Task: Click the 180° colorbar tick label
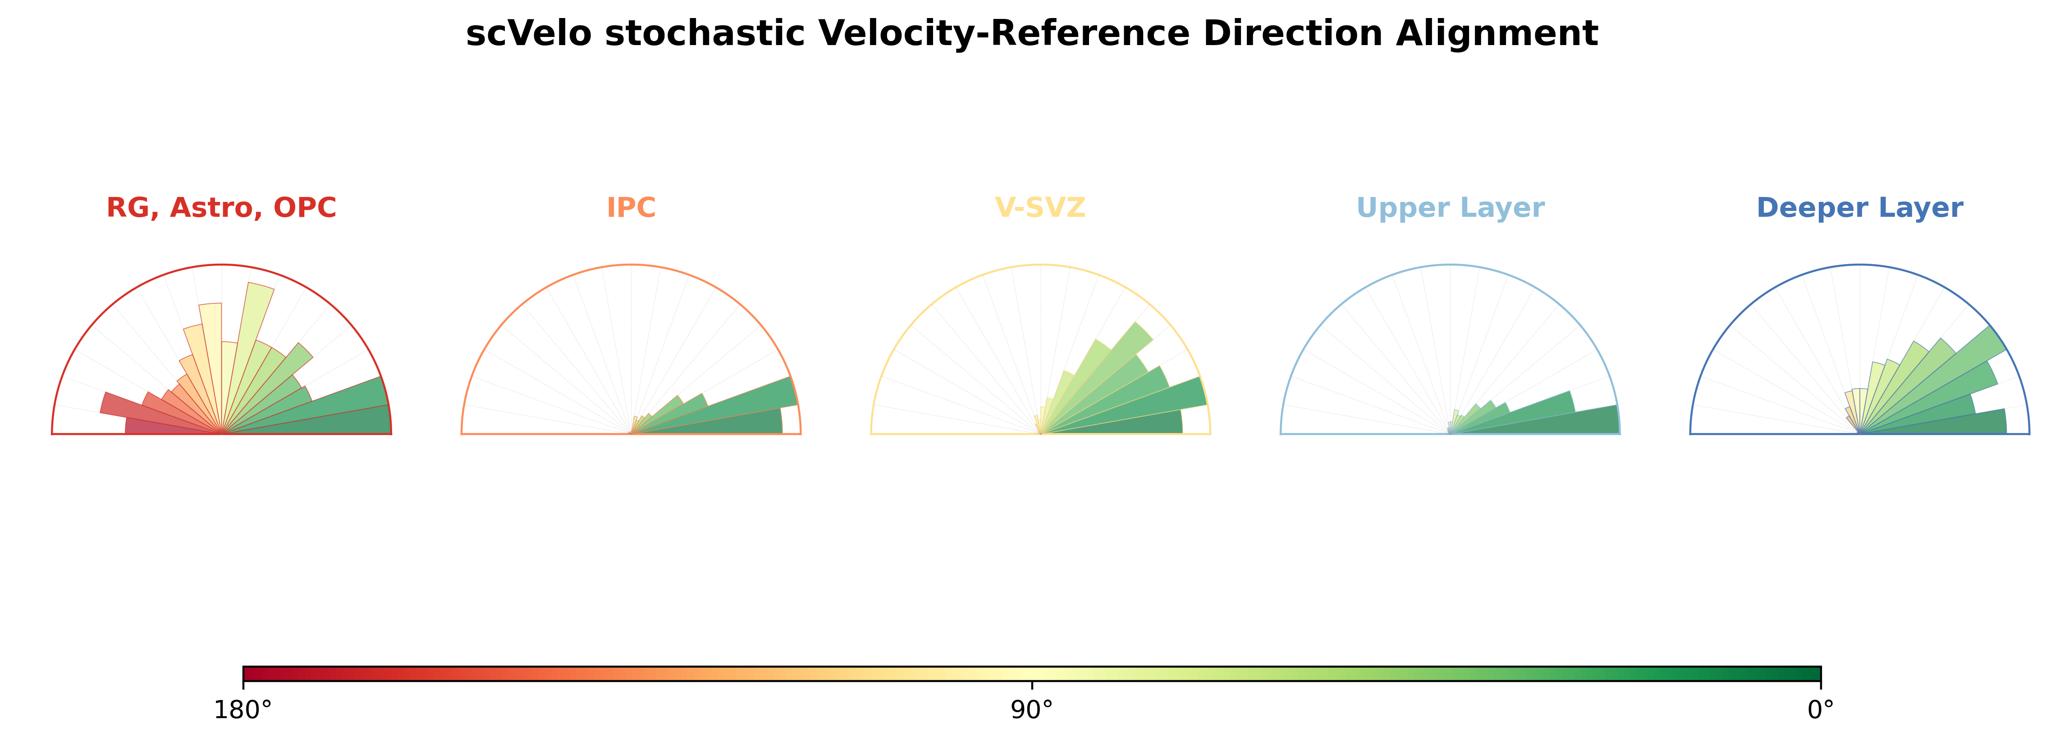pyautogui.click(x=243, y=710)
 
